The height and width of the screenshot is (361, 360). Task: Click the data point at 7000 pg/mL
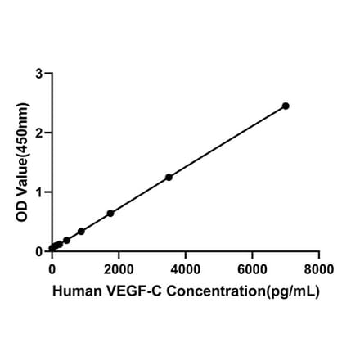point(286,106)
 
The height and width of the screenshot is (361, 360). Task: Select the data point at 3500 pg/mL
point(169,177)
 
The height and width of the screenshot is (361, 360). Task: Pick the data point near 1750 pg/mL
point(110,213)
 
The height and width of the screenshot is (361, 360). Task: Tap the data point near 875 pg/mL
point(81,231)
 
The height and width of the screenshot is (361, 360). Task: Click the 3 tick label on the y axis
point(39,74)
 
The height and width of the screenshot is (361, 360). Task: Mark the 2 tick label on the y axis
point(39,133)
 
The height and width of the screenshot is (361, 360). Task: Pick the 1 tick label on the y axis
point(39,192)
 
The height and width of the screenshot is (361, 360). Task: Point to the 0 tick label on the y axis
point(39,251)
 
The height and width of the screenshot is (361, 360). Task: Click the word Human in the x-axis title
point(75,291)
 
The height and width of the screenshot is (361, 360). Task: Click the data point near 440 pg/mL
point(66,241)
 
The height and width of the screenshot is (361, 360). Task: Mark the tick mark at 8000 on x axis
point(319,255)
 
